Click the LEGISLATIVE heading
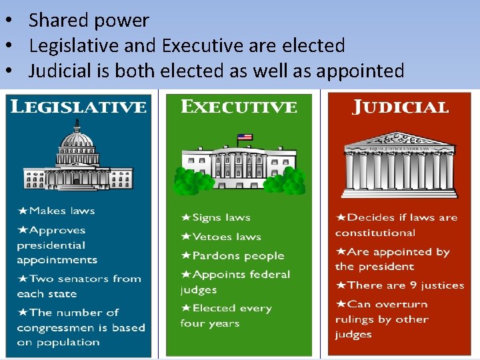79,107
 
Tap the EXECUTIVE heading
239,107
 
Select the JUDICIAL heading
400,107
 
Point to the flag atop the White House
245,138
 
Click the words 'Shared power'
89,21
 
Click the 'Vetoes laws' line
227,237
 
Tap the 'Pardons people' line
238,256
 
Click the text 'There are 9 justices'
405,285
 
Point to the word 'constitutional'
375,233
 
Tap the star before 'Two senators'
23,279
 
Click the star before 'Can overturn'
341,304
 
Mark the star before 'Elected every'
186,308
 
